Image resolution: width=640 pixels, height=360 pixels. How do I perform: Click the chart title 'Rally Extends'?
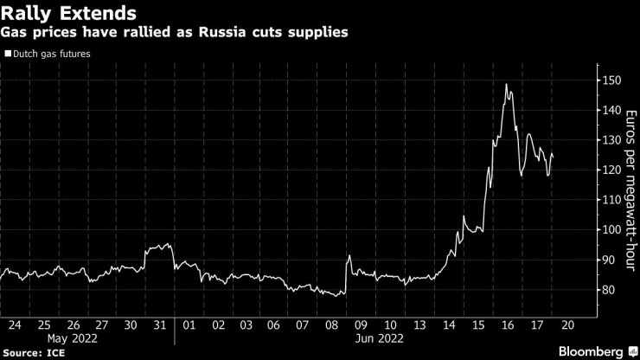point(68,14)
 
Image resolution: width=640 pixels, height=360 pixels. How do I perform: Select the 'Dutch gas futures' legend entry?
point(51,53)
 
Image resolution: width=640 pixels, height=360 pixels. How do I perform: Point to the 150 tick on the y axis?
point(611,80)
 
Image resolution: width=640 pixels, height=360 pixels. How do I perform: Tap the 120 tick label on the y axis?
point(611,170)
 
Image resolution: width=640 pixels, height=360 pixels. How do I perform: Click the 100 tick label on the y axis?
point(611,230)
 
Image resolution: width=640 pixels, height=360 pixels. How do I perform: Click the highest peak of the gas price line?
point(505,85)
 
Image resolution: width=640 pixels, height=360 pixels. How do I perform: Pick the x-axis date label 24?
point(14,325)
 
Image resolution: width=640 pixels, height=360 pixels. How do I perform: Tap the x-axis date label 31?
point(159,325)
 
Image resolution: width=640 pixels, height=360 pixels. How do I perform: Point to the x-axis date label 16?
point(508,325)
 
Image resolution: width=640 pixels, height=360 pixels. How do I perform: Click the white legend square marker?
point(8,53)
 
